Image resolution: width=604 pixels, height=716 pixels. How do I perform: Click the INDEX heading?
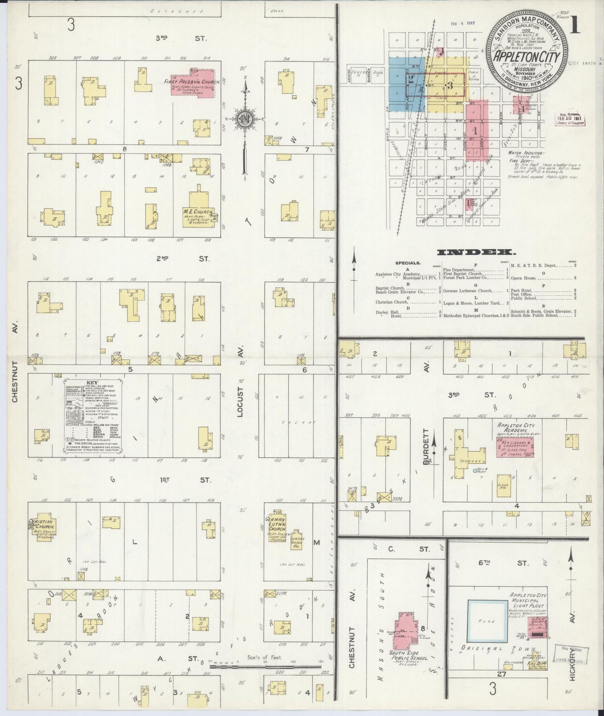pyautogui.click(x=475, y=252)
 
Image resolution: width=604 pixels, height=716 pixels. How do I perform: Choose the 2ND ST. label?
pyautogui.click(x=182, y=259)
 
